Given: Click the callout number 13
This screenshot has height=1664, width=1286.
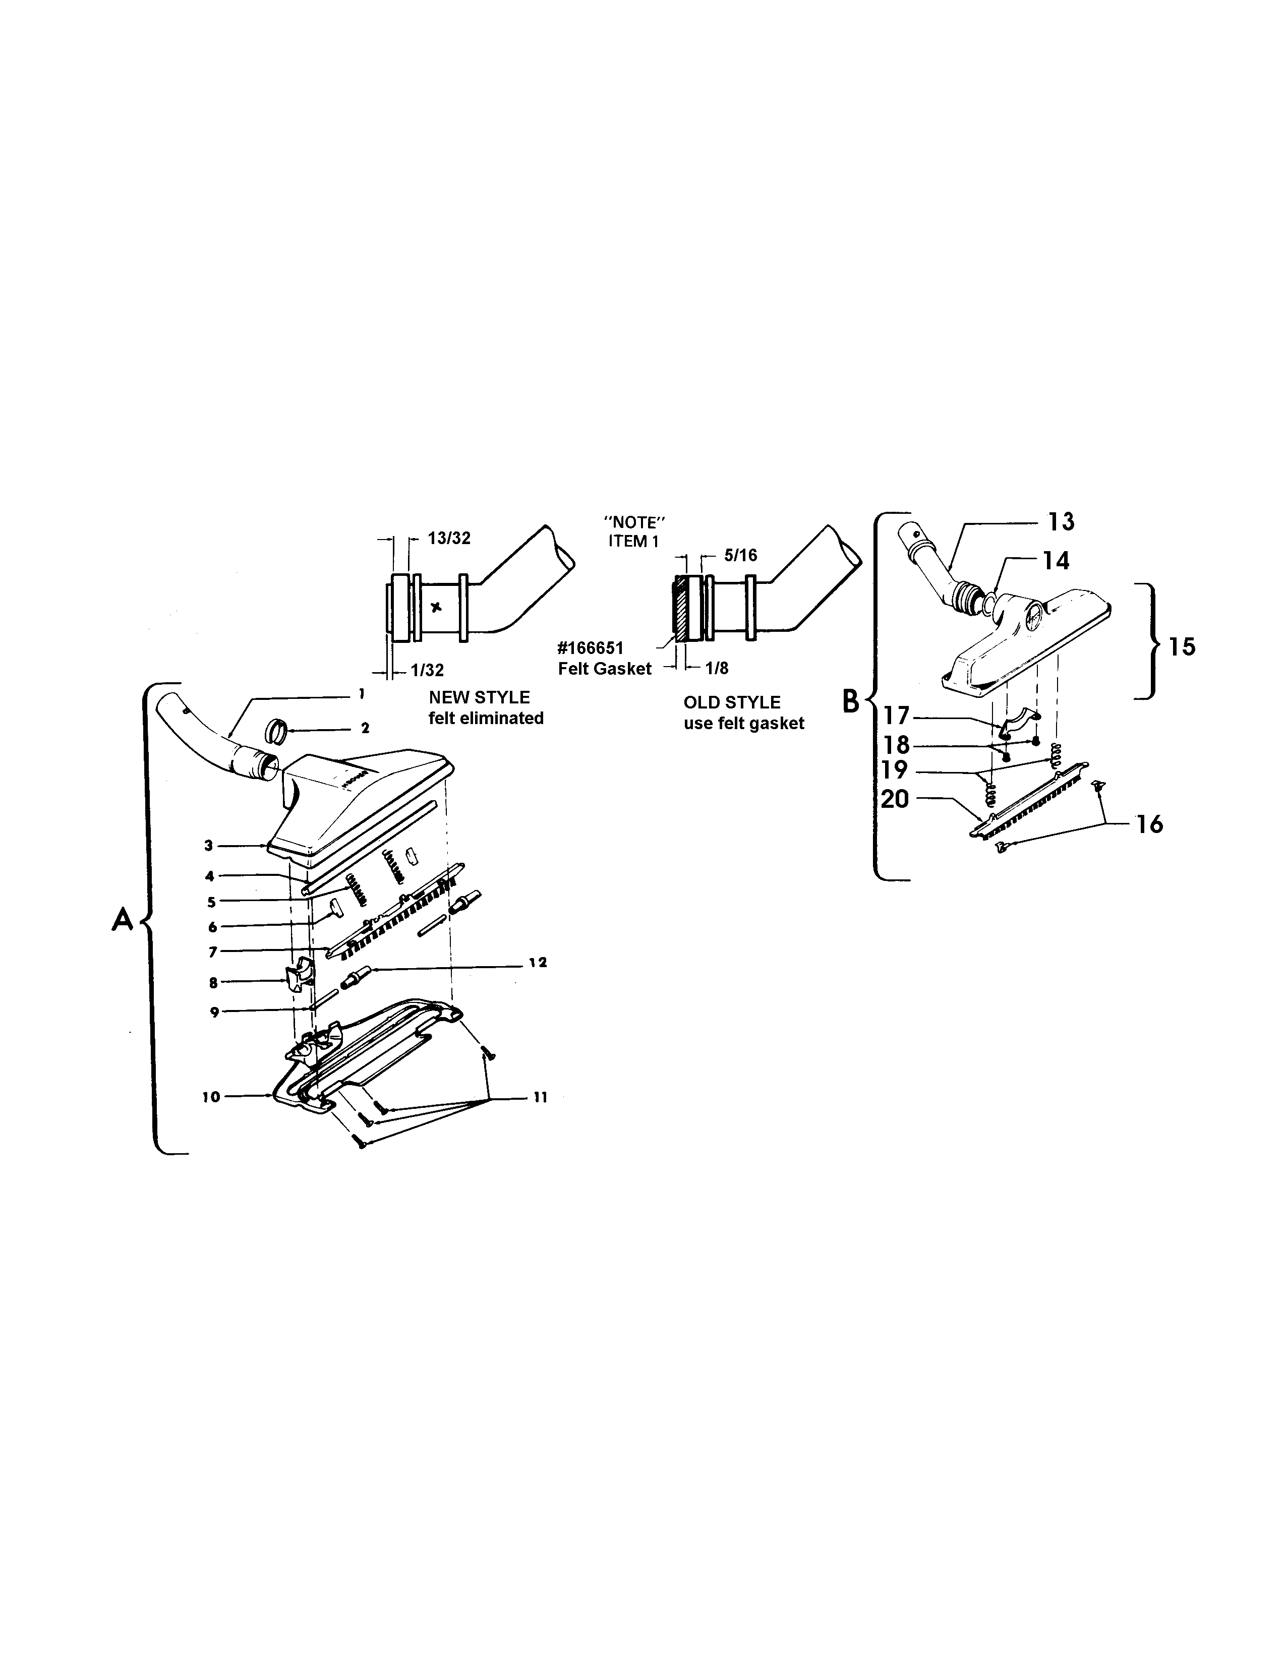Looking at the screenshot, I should tap(1061, 522).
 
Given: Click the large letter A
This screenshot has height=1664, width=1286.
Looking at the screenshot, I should tap(123, 920).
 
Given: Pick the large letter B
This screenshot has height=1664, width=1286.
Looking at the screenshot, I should tap(851, 701).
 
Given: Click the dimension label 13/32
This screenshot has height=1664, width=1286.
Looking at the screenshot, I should tap(449, 539).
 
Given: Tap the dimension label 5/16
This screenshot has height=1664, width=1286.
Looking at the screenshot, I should tap(740, 556).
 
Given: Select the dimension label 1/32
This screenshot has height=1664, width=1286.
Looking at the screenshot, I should tap(427, 671).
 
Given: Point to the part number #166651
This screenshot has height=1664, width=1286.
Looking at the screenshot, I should tap(591, 648).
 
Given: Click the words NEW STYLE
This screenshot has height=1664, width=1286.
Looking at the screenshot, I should tap(479, 697).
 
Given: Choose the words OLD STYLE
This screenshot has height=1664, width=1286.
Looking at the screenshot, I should tap(731, 702).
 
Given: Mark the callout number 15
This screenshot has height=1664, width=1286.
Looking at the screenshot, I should tap(1183, 647).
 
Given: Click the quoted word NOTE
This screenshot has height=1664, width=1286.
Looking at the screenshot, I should tap(634, 523).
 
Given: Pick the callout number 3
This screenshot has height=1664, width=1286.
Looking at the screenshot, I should tap(208, 845).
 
